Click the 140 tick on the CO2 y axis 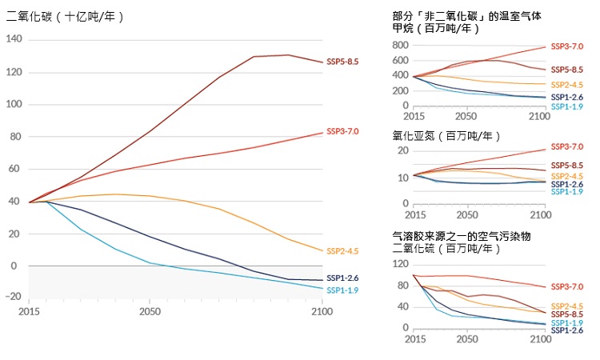[x=14, y=39]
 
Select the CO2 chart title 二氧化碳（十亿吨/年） [x=65, y=16]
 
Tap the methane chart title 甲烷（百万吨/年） [x=436, y=28]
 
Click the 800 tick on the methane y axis [x=401, y=45]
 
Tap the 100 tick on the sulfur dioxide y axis [x=401, y=275]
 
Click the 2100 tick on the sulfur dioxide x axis [x=541, y=340]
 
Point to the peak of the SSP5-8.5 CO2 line [x=288, y=55]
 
